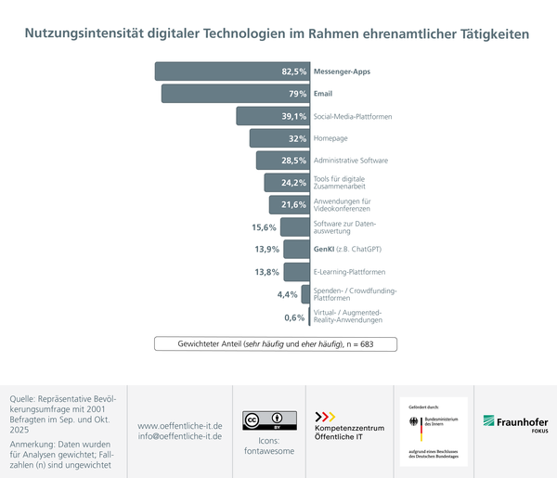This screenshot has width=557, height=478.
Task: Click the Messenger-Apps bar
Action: pos(232,71)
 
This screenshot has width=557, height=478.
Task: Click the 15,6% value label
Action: pos(265,227)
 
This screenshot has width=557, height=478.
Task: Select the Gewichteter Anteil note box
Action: pos(277,343)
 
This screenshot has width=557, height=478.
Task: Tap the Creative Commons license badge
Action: pos(263,420)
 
